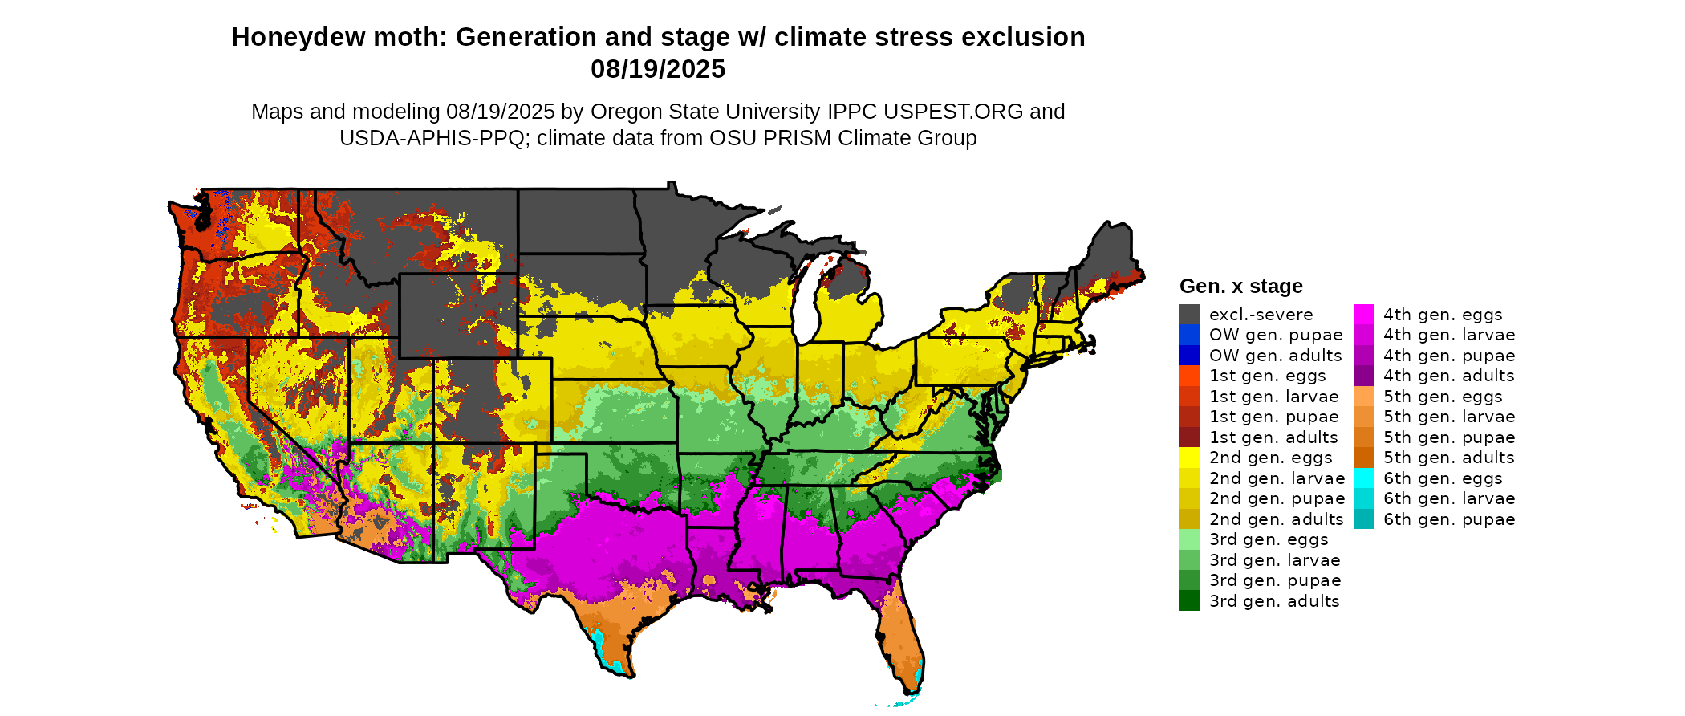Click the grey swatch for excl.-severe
pos(1189,315)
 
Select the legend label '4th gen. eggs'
pos(1443,315)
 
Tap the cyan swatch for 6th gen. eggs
pos(1364,478)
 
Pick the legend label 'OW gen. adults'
pos(1275,356)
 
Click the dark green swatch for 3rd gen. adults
pos(1189,601)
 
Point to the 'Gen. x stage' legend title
pos(1240,286)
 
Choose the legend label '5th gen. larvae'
pos(1449,417)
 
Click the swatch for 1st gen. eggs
pos(1189,376)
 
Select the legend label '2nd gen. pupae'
pos(1276,498)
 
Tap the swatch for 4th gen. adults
pos(1364,376)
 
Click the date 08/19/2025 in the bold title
pos(658,69)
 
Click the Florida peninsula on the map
pos(903,642)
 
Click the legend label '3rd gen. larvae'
pos(1274,560)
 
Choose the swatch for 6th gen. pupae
pos(1364,519)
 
